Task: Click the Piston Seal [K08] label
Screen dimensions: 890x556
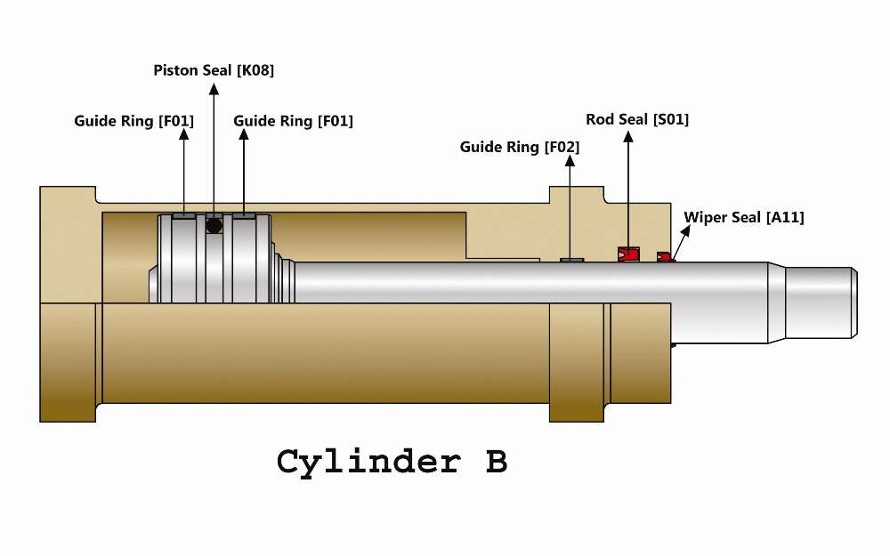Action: tap(214, 70)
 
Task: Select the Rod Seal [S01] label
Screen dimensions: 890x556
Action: tap(637, 120)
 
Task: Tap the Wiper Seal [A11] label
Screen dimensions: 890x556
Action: tap(743, 217)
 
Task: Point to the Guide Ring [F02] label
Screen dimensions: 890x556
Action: tap(520, 148)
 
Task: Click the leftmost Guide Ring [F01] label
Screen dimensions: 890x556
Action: tap(134, 121)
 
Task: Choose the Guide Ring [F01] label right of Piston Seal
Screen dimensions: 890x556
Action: tap(293, 121)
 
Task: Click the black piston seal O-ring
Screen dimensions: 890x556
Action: tap(214, 225)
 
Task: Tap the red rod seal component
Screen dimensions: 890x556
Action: tap(628, 254)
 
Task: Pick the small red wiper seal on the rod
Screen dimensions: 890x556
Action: tap(665, 257)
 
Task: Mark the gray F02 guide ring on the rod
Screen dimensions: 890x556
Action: tap(571, 261)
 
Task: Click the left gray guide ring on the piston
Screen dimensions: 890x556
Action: tap(184, 216)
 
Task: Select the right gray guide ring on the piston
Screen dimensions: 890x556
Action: tap(244, 216)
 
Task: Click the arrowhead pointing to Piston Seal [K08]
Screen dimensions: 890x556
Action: tap(214, 89)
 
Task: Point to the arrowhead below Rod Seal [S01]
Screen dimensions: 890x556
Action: tap(627, 137)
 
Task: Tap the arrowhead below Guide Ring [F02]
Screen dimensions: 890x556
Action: tap(570, 161)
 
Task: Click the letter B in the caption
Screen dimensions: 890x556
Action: tap(496, 461)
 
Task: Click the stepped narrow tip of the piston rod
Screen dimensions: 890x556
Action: tap(821, 302)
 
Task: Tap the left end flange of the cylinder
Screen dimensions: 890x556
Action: tap(68, 304)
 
